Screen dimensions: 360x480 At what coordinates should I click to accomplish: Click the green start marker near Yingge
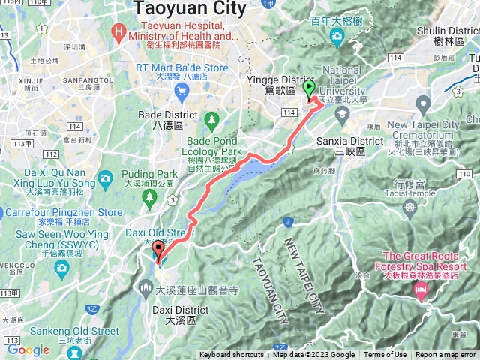(x=309, y=89)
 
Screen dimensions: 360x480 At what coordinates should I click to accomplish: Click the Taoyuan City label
(x=190, y=9)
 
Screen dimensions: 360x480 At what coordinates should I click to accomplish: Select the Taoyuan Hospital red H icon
(x=118, y=31)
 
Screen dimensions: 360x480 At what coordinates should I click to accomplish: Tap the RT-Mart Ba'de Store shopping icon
(x=181, y=91)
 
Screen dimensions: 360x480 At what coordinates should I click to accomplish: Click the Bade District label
(x=168, y=115)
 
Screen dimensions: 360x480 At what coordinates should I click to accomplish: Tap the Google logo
(x=28, y=349)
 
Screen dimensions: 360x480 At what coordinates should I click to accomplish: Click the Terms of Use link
(x=385, y=355)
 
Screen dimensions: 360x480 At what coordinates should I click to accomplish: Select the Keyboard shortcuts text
(x=232, y=355)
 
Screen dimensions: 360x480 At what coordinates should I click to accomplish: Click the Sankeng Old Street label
(x=74, y=331)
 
